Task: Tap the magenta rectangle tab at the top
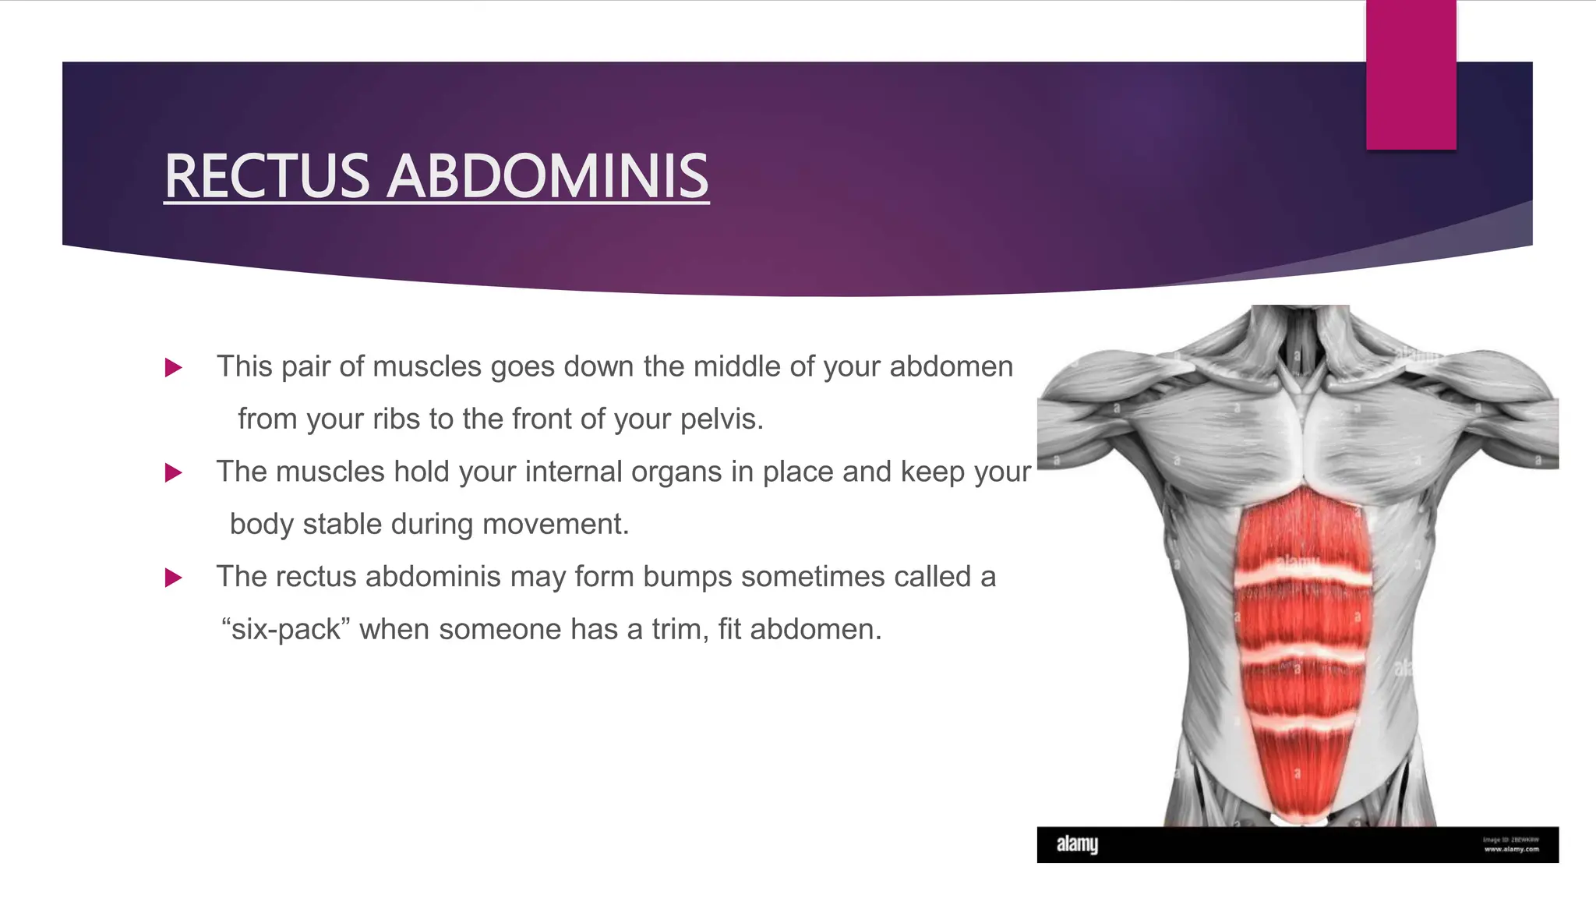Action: [1411, 75]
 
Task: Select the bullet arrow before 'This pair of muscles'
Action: [174, 368]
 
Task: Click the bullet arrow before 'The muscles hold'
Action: [174, 473]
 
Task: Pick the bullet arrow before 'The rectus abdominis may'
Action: [174, 578]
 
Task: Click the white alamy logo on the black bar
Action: [1077, 844]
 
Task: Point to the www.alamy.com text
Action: [1511, 849]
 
